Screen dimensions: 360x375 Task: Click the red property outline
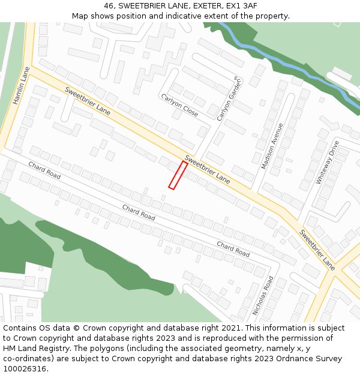178,175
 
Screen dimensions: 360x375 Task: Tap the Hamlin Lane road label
22,86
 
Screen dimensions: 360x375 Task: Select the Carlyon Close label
179,105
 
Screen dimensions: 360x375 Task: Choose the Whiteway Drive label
328,162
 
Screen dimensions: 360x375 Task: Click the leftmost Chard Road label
44,170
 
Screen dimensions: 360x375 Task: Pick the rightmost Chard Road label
233,249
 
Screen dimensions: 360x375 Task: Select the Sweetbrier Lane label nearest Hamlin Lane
88,102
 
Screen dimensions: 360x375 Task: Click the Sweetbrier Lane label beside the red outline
207,169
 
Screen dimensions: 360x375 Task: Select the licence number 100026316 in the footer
25,368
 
